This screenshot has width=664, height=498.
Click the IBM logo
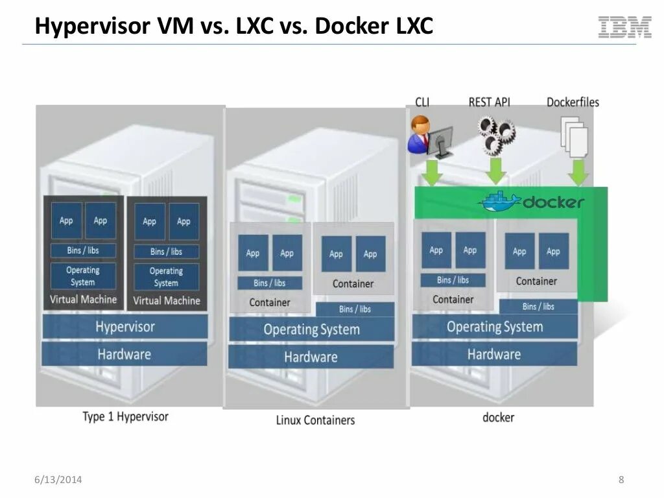(625, 27)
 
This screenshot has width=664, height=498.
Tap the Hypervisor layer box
(125, 326)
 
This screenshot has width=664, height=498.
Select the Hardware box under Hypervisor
(124, 354)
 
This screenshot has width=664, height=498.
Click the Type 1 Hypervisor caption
(125, 416)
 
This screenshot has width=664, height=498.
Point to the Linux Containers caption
(315, 420)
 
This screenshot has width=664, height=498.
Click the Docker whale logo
(499, 201)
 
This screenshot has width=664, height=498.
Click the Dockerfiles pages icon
(575, 135)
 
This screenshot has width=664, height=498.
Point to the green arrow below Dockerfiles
(578, 172)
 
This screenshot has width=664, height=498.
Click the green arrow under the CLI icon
(431, 172)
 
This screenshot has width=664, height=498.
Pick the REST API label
(490, 102)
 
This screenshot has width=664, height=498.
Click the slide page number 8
(621, 480)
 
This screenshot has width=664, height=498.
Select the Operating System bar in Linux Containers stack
(311, 329)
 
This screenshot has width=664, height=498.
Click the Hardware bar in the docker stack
(494, 354)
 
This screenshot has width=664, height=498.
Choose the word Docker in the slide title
(355, 27)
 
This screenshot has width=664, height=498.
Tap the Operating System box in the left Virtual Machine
(83, 276)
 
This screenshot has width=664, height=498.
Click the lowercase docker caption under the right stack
(498, 417)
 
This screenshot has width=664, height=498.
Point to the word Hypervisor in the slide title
(93, 27)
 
